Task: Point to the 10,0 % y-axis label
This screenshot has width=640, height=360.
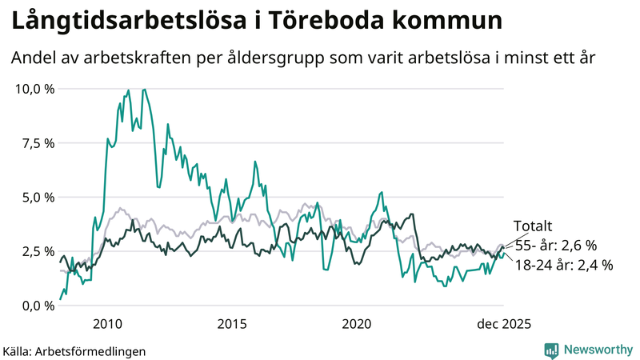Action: (35, 89)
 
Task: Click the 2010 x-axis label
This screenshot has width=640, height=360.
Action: (107, 324)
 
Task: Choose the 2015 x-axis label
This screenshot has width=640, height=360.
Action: (232, 324)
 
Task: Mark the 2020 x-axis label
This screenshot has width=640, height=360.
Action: (357, 324)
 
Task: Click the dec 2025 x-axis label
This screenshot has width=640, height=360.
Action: (504, 324)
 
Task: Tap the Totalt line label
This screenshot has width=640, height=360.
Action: (533, 227)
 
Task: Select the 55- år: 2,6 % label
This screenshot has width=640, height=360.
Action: (554, 246)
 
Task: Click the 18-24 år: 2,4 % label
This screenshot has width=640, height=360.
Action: (563, 265)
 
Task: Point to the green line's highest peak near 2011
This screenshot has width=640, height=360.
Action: (144, 90)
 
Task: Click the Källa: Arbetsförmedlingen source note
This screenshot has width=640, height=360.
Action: (75, 350)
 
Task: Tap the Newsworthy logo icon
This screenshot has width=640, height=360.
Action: (551, 350)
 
